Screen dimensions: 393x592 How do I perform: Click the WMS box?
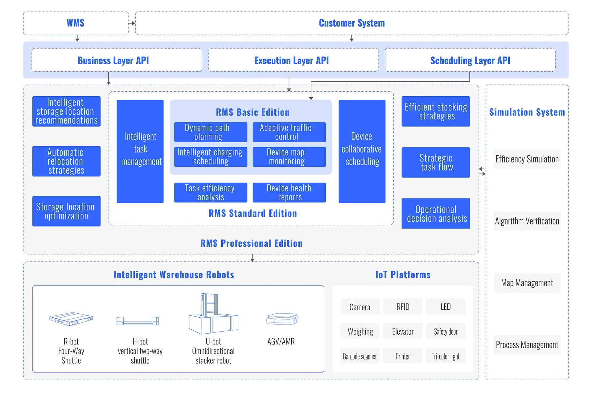click(76, 23)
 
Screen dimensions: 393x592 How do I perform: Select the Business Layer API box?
click(117, 60)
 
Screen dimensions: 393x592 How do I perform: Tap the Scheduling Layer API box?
click(470, 60)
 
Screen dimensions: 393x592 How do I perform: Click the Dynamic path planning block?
click(211, 132)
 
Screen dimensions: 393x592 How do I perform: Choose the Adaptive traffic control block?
click(289, 132)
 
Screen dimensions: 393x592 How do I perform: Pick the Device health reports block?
click(289, 193)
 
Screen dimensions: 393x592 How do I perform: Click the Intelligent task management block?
click(140, 151)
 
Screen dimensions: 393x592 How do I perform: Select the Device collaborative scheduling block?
click(362, 151)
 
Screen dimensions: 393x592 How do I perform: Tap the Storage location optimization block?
click(66, 211)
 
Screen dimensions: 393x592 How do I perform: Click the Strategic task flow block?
click(436, 162)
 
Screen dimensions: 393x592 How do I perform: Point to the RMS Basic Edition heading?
click(253, 112)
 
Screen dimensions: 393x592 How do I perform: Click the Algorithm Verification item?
click(527, 221)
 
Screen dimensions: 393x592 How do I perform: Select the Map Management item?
click(527, 283)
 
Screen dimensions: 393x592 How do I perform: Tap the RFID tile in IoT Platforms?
click(403, 307)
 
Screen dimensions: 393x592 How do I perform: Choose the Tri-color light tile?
click(446, 356)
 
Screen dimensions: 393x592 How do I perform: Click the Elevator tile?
click(403, 331)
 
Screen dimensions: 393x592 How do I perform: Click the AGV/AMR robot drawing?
click(282, 319)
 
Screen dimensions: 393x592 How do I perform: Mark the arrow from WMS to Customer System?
click(132, 23)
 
